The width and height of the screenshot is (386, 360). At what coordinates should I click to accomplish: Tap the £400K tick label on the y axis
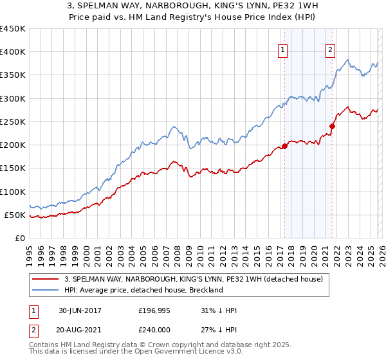point(13,52)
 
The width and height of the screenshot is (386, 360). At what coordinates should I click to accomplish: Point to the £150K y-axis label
point(13,168)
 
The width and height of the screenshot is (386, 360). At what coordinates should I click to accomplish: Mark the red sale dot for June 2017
point(284,146)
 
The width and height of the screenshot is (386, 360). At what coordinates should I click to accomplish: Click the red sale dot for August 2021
point(333,126)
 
